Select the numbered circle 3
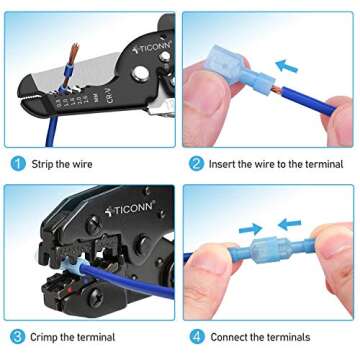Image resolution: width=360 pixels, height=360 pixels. (x=17, y=337)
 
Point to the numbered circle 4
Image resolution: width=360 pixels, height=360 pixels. (x=196, y=337)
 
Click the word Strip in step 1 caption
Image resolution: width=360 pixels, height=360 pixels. (x=49, y=164)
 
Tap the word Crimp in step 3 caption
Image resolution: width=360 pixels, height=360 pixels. (x=51, y=337)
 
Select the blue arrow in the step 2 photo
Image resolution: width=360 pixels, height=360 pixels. (x=287, y=69)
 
